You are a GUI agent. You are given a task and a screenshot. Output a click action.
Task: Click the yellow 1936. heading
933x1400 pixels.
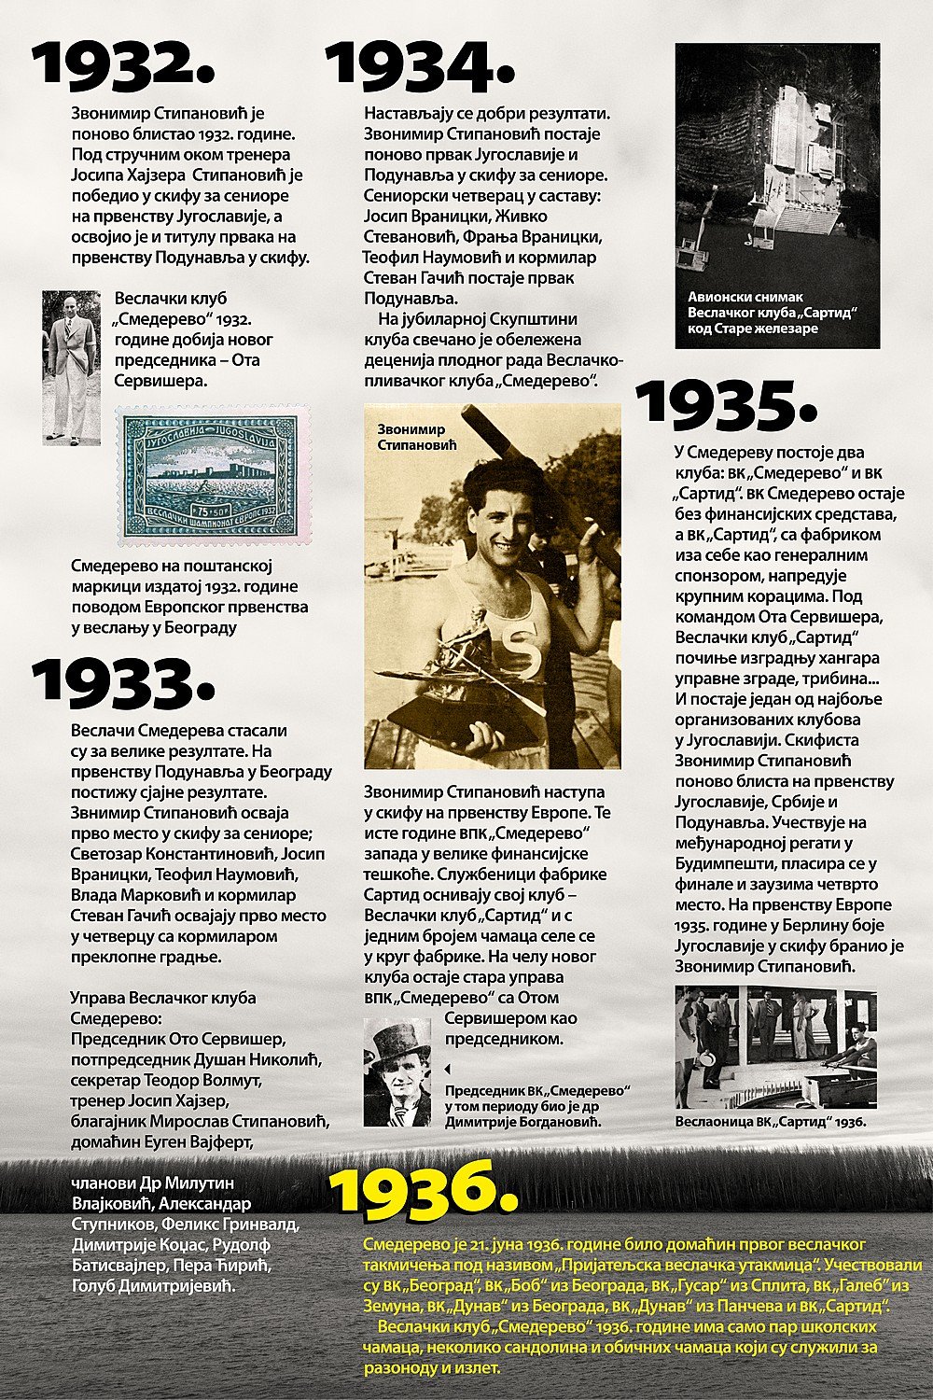pyautogui.click(x=425, y=1187)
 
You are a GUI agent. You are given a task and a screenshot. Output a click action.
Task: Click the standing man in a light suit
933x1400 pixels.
pyautogui.click(x=71, y=367)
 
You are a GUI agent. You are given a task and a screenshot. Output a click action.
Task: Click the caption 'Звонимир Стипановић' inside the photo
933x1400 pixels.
pyautogui.click(x=417, y=438)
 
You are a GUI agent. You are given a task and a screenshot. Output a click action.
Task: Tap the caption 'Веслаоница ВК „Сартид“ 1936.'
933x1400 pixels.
pyautogui.click(x=771, y=1122)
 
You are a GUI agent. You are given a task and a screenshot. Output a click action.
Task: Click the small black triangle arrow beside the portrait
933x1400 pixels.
pyautogui.click(x=446, y=1068)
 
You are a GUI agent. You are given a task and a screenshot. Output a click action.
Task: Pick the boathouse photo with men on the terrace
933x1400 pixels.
pyautogui.click(x=776, y=1046)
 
